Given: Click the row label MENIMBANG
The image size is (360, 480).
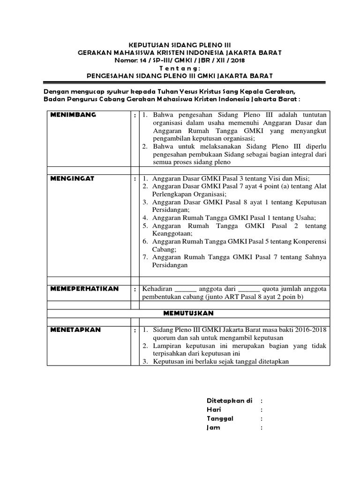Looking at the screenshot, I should tap(74, 114).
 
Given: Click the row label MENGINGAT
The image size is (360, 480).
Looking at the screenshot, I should tap(73, 178).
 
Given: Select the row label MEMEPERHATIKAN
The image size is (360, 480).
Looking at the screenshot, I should tap(84, 288).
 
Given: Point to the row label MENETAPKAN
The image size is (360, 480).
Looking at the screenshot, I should tap(75, 330).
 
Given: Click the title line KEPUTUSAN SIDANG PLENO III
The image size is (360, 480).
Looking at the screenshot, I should tap(180, 45).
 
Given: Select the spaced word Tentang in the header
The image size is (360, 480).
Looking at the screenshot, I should tap(180, 67).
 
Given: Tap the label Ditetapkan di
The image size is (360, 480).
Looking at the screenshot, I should tap(230, 401).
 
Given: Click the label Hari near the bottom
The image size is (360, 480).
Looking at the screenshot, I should tap(214, 410).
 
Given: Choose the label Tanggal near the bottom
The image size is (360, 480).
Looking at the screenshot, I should tap(220, 419).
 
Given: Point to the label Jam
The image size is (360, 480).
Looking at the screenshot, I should tap(213, 427).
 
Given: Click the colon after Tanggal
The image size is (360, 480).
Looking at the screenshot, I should tap(262, 419).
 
